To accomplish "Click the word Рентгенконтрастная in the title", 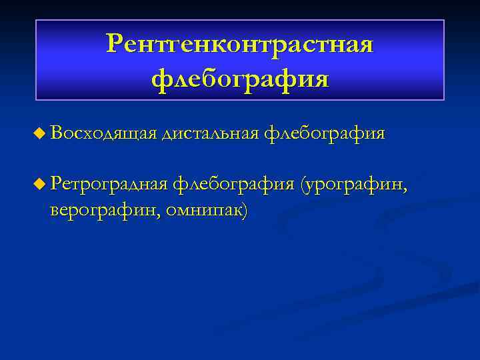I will [x=240, y=45].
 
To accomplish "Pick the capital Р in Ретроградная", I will [x=55, y=183].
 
